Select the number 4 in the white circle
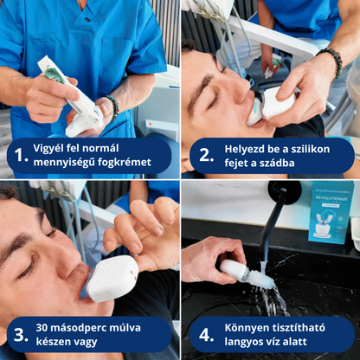[x=206, y=334]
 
